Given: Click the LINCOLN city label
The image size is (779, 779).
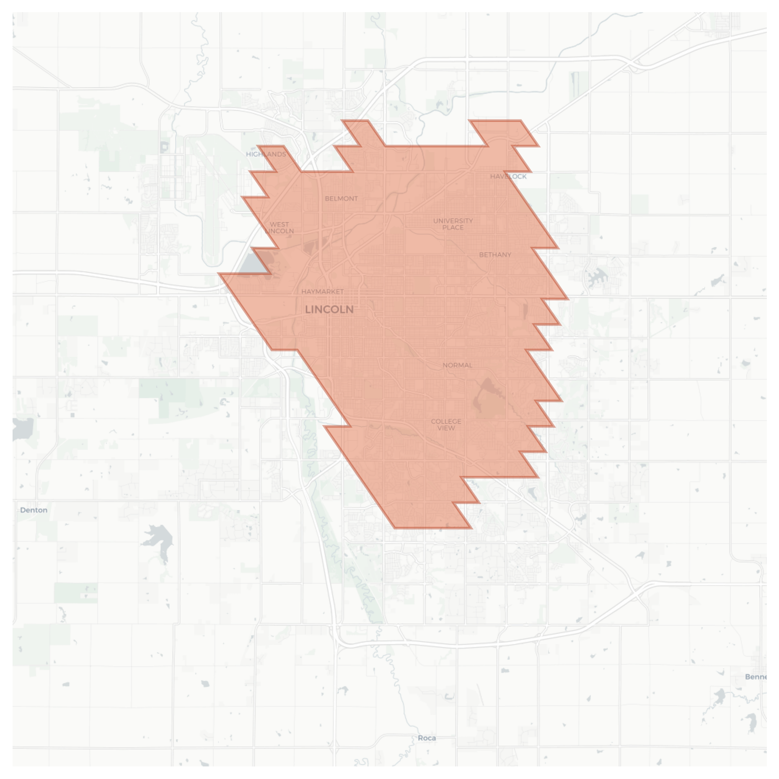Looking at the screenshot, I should (329, 310).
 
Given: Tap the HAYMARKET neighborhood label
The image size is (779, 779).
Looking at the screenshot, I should (322, 291).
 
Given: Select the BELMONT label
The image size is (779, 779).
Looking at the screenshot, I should (341, 198).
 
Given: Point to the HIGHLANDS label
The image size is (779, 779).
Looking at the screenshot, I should (266, 154).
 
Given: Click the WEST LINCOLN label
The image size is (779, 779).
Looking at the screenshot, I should (279, 228).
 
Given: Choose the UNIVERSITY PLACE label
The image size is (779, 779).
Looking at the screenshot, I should (453, 224).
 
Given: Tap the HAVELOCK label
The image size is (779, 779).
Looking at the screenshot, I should (508, 176).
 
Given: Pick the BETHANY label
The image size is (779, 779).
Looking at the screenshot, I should (495, 254).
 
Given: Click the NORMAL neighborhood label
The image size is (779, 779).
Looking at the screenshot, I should (457, 365).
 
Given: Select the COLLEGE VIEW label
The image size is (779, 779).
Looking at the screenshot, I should (445, 424).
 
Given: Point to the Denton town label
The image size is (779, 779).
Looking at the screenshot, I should (34, 510).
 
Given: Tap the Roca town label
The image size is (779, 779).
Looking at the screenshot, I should (427, 738).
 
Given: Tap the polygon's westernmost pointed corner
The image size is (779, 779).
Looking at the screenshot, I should (219, 273).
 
